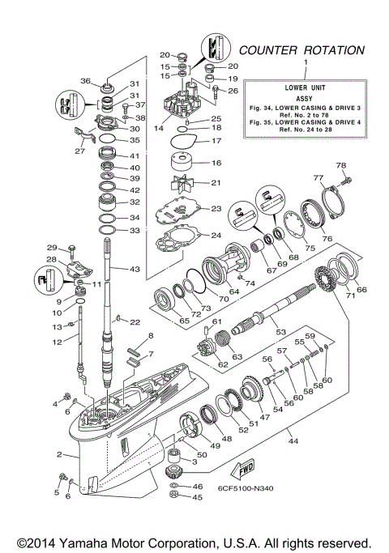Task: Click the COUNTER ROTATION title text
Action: pyautogui.click(x=301, y=50)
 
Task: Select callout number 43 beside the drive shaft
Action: pyautogui.click(x=130, y=268)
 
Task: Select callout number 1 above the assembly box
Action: pyautogui.click(x=306, y=62)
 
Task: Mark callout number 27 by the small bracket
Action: pyautogui.click(x=79, y=150)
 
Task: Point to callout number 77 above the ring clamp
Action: pyautogui.click(x=318, y=177)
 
